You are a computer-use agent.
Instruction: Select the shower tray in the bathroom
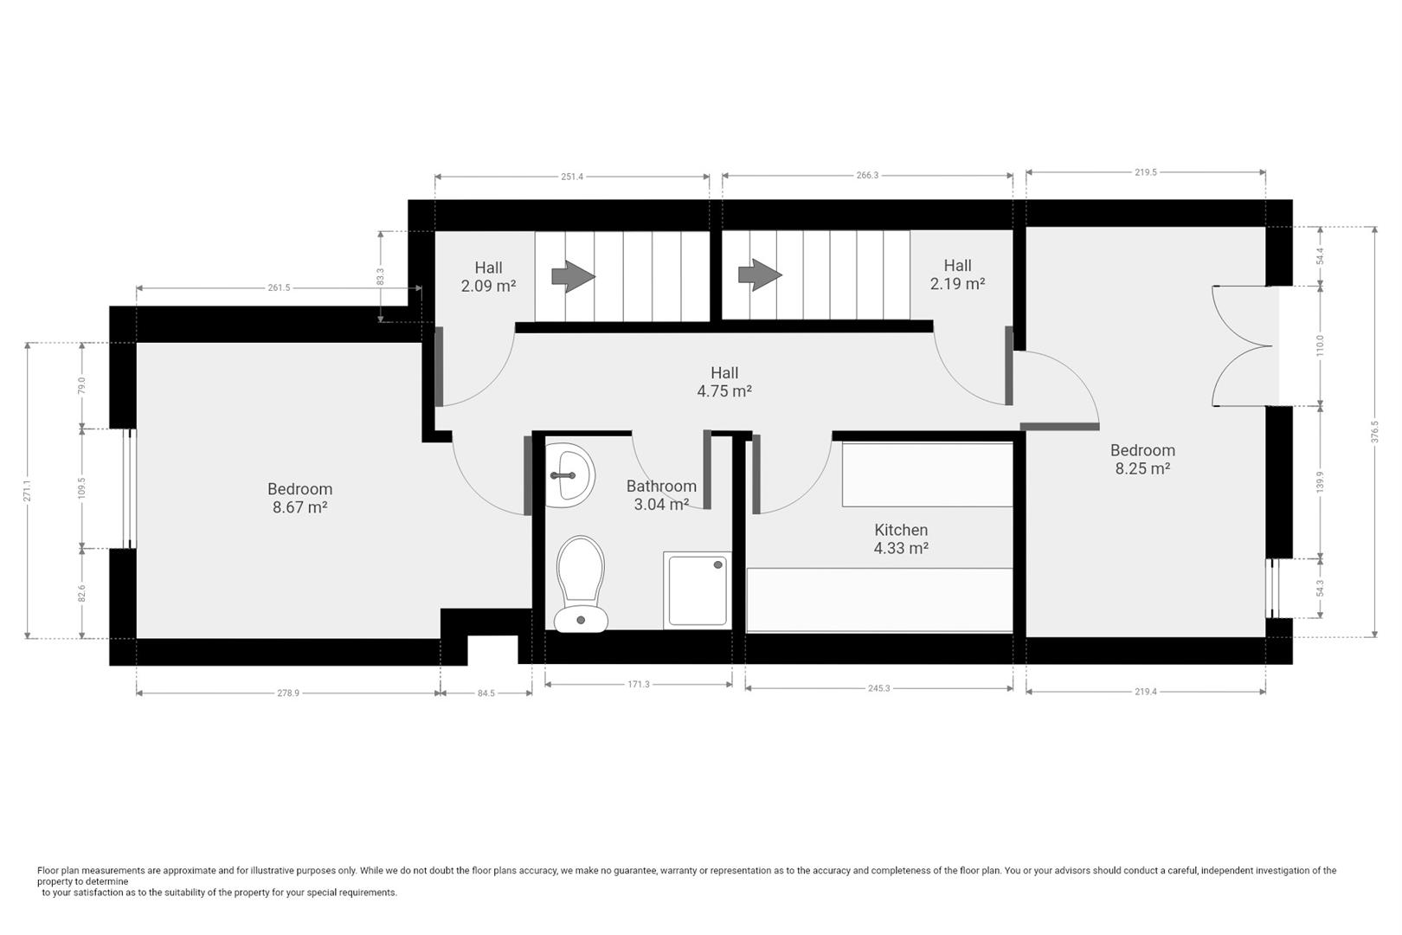coord(698,590)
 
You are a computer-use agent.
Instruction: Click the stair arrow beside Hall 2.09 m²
coord(573,276)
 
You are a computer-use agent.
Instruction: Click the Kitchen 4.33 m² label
coord(901,539)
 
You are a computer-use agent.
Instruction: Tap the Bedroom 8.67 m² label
coord(299,498)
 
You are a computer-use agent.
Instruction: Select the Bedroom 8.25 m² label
coord(1143,459)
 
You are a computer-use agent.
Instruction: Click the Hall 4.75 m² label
coord(724,382)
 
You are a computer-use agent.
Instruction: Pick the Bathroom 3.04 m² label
coord(661,495)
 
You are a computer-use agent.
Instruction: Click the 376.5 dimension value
coord(1374,431)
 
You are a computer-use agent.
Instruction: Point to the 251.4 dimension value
coord(572,177)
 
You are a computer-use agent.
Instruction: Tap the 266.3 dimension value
coord(867,176)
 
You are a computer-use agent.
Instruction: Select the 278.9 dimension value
coord(288,693)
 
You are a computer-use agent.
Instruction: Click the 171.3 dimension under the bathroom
coord(639,685)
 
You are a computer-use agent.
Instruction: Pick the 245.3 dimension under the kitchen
coord(878,688)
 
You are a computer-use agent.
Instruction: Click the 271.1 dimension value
coord(27,491)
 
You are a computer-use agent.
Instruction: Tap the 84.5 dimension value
coord(486,693)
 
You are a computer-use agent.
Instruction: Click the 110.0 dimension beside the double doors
coord(1320,345)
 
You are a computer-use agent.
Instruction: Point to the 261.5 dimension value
coord(280,288)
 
